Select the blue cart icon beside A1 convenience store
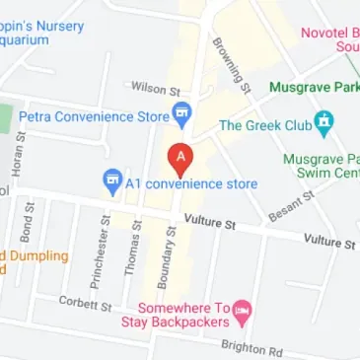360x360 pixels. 112,182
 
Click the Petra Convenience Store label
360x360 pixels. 95,116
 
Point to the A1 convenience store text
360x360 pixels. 191,183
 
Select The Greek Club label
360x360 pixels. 263,125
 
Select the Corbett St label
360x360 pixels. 85,303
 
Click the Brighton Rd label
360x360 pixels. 252,348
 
